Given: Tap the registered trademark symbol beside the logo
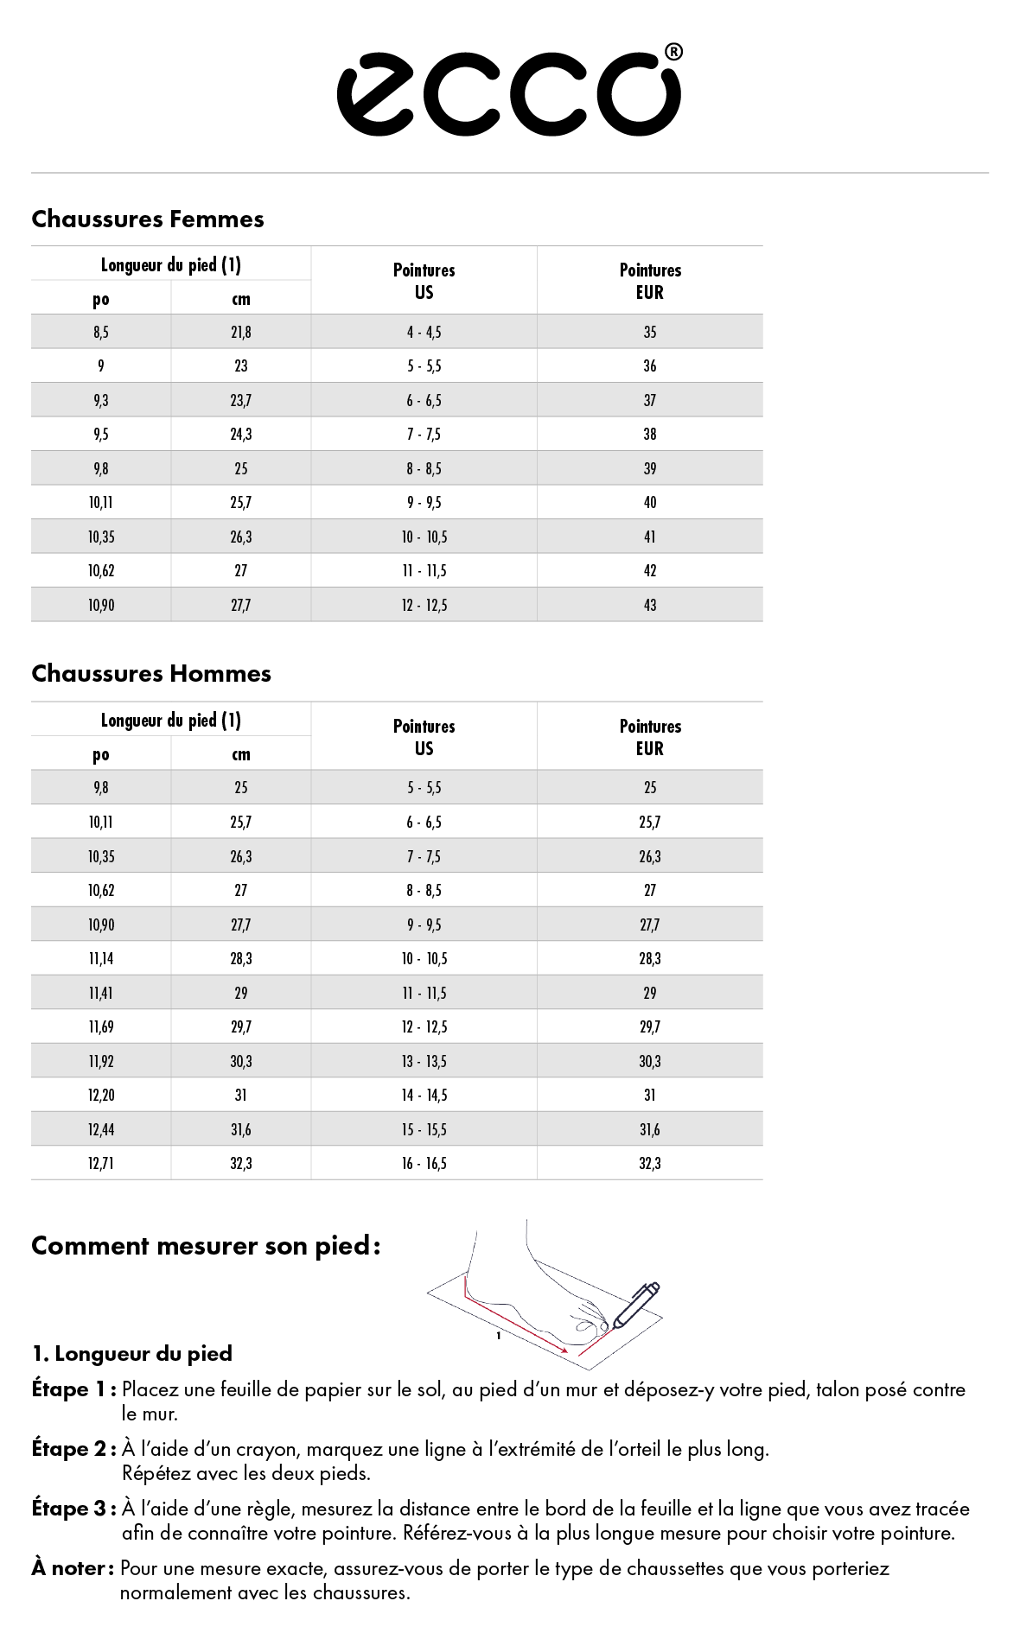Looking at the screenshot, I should pos(673,53).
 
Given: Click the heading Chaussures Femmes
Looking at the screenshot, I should pos(148,219).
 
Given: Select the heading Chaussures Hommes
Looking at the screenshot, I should pos(151,674).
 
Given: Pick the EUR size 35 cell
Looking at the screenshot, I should pos(650,333).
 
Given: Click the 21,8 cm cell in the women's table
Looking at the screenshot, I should pos(241,333).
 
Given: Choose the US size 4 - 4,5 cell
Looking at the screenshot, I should pos(424,333).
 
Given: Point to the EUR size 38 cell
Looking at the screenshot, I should pos(650,435).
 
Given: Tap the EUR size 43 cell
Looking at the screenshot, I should pos(650,606).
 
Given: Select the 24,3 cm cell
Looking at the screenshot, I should pos(241,435).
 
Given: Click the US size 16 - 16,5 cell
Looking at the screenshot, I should pos(424,1164).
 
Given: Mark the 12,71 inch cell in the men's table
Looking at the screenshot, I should pos(101,1164).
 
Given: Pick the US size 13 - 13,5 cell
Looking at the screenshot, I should pos(424,1062).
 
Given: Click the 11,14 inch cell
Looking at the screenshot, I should pos(101,959).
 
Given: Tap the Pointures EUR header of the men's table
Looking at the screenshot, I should pos(650,737).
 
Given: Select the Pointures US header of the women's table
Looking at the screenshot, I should pos(424,281).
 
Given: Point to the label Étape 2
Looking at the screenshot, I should pos(73,1449).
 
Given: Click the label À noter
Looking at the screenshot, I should pos(73,1568).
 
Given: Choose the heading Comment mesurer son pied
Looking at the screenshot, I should pos(206,1246).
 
